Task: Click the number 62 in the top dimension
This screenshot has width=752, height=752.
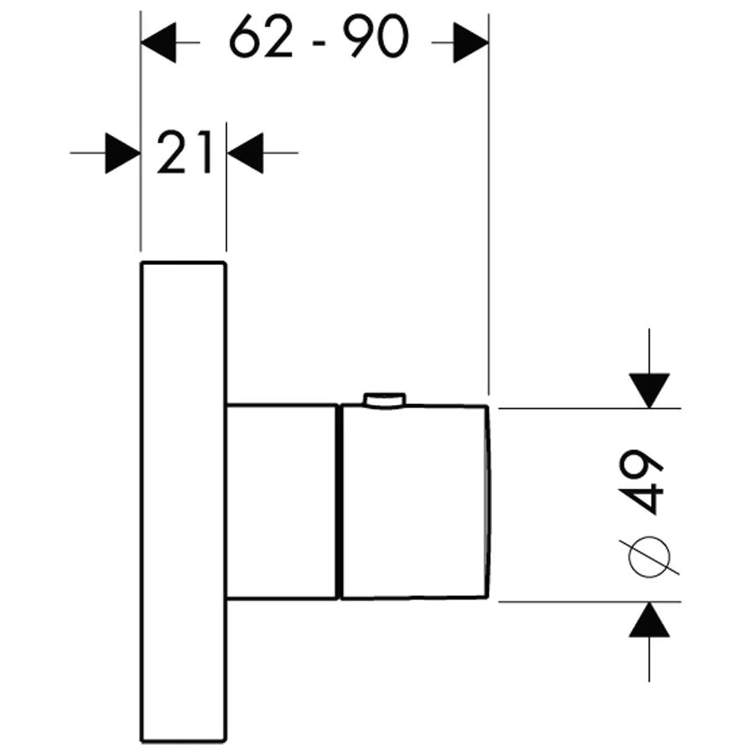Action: click(261, 36)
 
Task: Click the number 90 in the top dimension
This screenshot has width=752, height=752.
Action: click(376, 36)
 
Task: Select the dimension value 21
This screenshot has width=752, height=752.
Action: click(184, 153)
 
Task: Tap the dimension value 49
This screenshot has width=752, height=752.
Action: click(640, 481)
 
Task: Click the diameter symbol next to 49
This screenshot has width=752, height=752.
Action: click(649, 557)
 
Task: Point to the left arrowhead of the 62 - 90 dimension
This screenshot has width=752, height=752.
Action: click(158, 42)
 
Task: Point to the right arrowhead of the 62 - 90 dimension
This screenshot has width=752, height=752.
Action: click(471, 42)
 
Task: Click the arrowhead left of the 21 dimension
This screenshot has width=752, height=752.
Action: click(122, 153)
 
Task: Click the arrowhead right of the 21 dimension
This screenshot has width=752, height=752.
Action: click(245, 153)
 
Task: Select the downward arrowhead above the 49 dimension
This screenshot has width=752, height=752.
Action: click(650, 391)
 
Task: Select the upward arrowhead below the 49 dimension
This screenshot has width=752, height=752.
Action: click(650, 620)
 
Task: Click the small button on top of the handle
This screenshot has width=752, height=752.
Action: click(385, 401)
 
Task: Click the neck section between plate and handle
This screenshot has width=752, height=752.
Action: click(283, 501)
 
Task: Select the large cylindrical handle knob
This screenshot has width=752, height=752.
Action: click(415, 501)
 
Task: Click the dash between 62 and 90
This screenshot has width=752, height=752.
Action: click(319, 43)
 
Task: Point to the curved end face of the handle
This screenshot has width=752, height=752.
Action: click(490, 501)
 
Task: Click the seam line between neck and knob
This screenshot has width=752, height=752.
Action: click(340, 501)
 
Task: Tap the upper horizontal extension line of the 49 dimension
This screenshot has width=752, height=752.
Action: click(589, 408)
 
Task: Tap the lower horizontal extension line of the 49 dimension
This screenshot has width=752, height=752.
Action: click(589, 601)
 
